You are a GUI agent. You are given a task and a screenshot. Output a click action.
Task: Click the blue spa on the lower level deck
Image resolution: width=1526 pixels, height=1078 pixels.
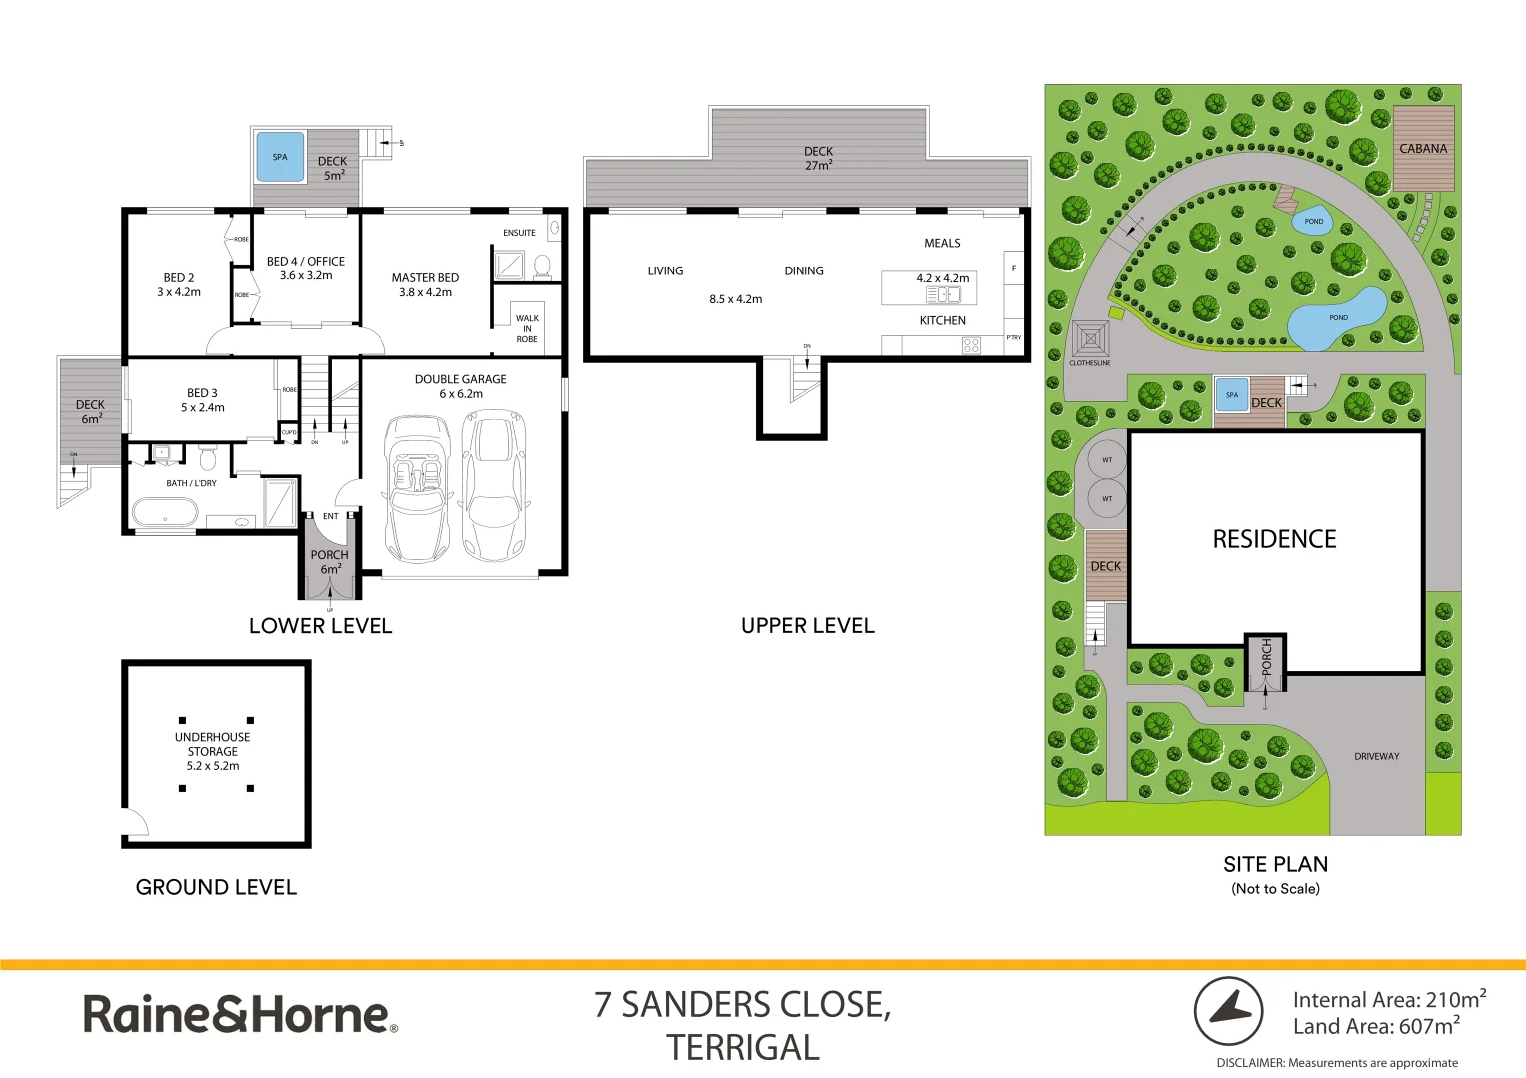tap(280, 158)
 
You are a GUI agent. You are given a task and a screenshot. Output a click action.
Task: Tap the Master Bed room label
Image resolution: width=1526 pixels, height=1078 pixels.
tap(425, 285)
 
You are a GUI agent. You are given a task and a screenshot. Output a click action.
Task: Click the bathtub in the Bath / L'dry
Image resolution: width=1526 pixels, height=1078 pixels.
tap(167, 514)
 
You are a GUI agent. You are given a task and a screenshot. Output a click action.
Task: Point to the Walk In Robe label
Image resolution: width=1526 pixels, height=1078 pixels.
tap(527, 329)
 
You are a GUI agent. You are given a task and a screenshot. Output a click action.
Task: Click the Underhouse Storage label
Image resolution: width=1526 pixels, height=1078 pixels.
tap(213, 751)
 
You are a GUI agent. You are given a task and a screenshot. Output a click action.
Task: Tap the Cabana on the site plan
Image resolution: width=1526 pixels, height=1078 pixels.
tap(1423, 148)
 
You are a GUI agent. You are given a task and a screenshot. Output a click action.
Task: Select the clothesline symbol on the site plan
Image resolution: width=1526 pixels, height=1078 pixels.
tap(1090, 339)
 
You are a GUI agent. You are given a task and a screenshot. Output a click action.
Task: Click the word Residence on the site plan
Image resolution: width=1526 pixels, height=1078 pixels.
tap(1274, 539)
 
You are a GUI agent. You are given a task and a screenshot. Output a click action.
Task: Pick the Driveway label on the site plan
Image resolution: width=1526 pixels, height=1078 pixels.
tap(1376, 756)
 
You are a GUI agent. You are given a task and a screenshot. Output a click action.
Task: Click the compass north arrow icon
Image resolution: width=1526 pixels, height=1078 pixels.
tap(1229, 1011)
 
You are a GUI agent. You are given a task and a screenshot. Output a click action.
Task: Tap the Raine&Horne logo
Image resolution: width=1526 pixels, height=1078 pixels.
tap(241, 1014)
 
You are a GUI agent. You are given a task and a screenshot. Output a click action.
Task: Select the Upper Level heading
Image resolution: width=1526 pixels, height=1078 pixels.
tap(807, 626)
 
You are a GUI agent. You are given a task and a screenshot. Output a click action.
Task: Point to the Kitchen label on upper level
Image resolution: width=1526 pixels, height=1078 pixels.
tap(942, 320)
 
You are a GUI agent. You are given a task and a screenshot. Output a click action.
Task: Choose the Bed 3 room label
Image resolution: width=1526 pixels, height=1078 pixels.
tap(202, 400)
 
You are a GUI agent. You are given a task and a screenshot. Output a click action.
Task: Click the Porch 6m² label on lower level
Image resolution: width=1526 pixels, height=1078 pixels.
tap(329, 562)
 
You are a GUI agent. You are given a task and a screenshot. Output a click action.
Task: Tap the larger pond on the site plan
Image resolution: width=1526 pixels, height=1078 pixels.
tap(1336, 319)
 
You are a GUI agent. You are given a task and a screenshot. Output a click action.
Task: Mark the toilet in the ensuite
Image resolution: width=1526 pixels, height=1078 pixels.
tap(542, 266)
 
